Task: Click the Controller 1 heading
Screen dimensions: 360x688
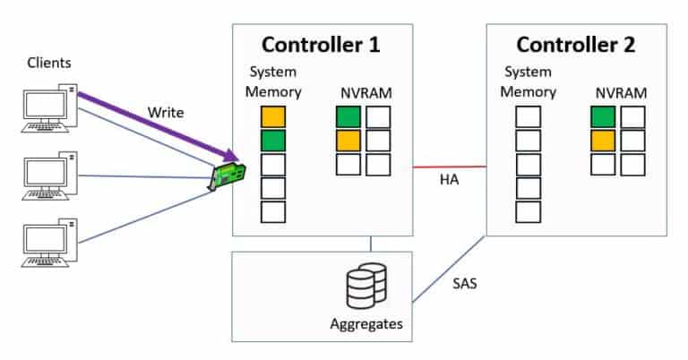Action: coord(322,44)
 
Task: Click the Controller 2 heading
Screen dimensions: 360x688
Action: coord(576,44)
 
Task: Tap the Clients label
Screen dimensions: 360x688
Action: coord(47,64)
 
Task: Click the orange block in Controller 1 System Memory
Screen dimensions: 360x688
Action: coord(273,117)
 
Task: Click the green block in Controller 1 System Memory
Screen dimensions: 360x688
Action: coord(273,141)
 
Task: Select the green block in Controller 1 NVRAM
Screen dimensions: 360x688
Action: coord(348,117)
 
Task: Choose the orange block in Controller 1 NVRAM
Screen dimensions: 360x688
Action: coord(348,141)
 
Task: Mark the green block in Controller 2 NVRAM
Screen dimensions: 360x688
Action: coord(603,117)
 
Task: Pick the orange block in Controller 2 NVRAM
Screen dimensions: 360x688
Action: coord(603,141)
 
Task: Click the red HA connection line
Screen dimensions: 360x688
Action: coord(449,167)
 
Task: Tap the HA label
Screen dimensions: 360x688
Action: coord(450,182)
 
